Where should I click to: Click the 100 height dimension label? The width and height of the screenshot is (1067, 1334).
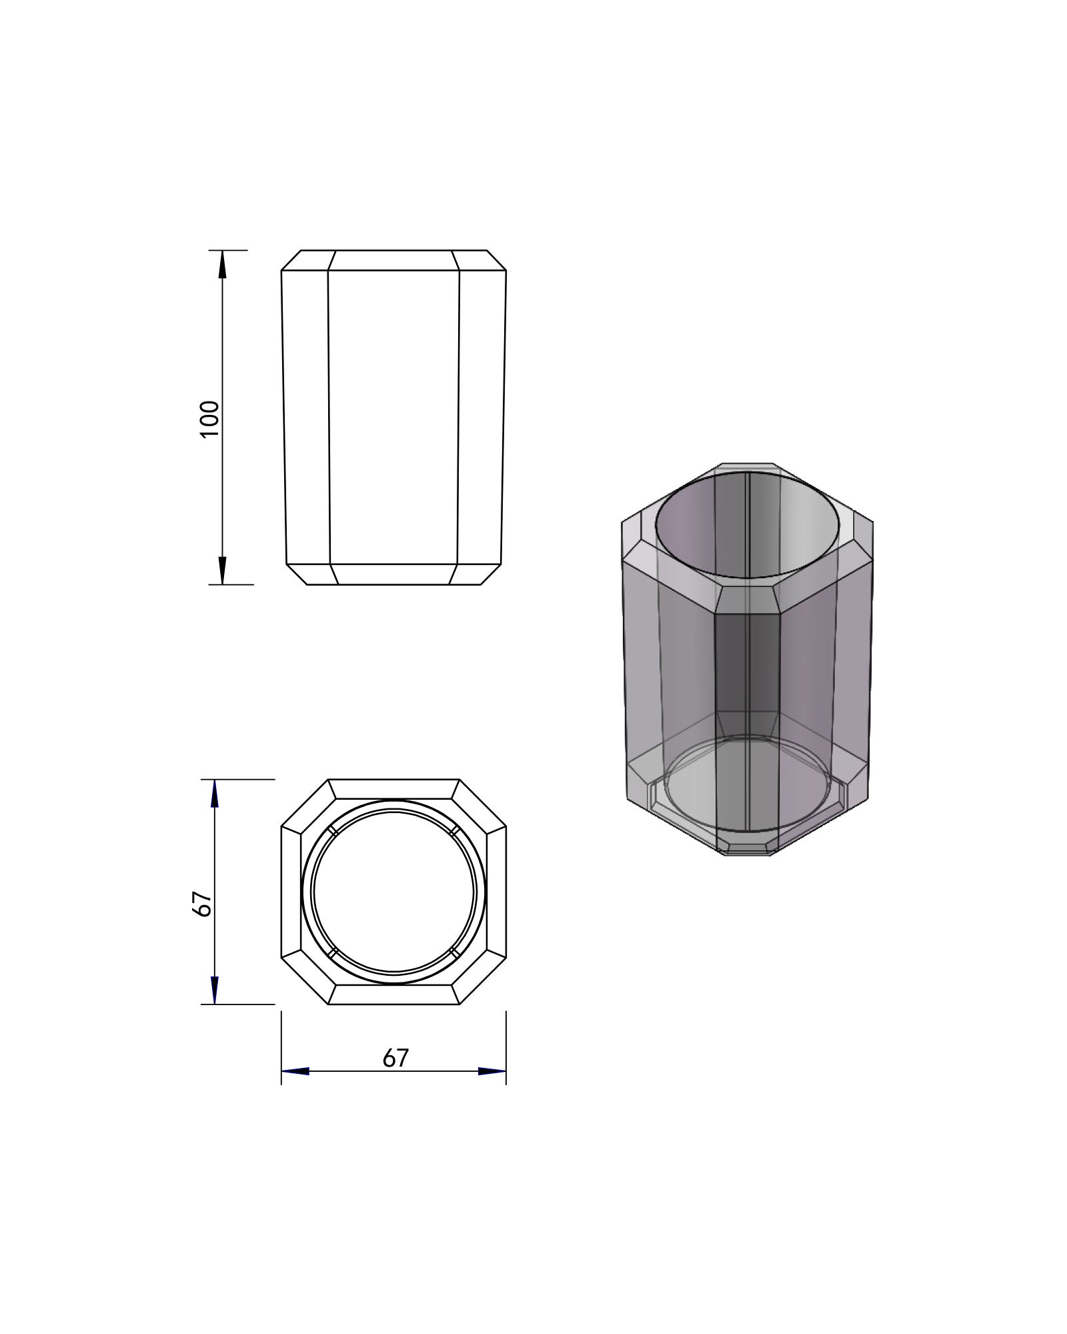[209, 418]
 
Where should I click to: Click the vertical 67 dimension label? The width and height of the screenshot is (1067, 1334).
[202, 904]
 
